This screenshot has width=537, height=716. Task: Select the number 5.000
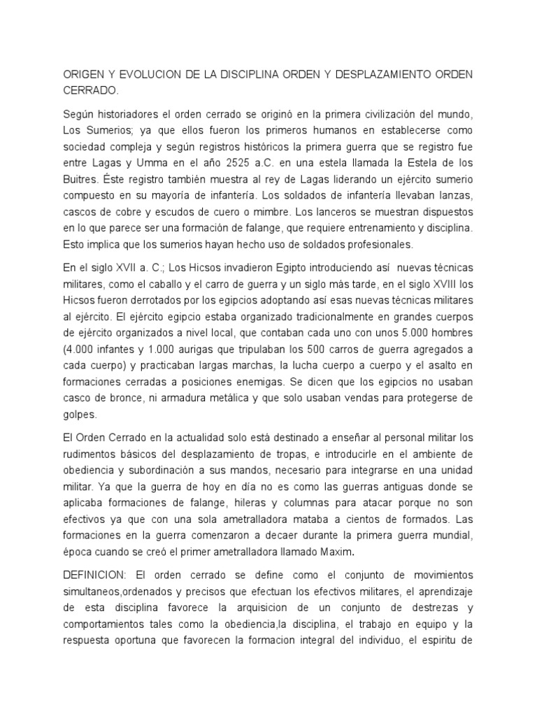tap(408, 332)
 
